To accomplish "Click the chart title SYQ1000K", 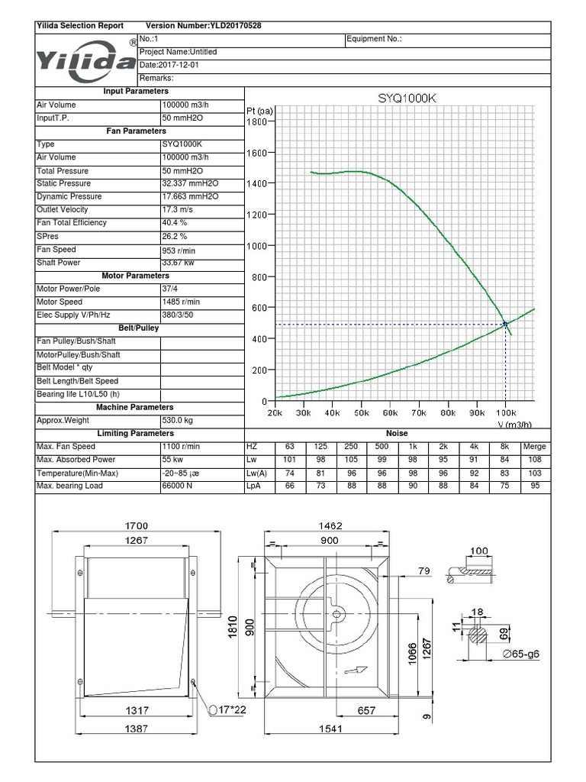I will (406, 98).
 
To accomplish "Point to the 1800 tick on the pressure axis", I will (256, 121).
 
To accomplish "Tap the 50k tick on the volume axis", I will (361, 413).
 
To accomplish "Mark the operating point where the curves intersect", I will (504, 325).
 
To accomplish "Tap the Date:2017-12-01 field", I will (169, 65).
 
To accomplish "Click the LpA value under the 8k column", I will (504, 486).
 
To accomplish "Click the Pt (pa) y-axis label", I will (260, 110).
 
